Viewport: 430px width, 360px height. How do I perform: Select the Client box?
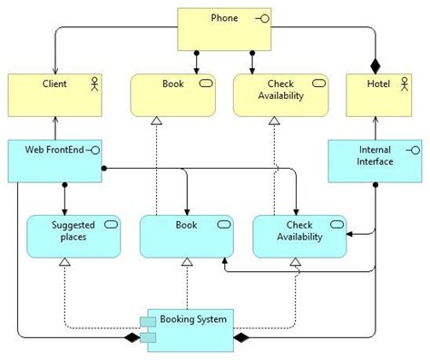(x=54, y=95)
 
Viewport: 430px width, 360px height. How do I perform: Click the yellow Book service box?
(x=172, y=95)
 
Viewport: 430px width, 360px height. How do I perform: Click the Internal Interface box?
(x=374, y=160)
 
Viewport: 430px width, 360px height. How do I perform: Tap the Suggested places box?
(x=73, y=236)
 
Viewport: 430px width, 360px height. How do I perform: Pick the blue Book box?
(x=186, y=236)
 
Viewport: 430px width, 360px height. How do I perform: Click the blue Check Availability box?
(x=298, y=236)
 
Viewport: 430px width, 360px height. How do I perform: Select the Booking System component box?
(x=190, y=328)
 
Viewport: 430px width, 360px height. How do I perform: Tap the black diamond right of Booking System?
(x=241, y=338)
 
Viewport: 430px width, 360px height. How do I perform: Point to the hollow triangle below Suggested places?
(x=64, y=263)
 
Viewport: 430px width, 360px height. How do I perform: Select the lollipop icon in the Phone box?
(x=263, y=18)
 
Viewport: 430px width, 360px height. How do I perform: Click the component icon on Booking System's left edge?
(x=147, y=329)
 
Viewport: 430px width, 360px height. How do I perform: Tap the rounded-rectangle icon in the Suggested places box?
(x=111, y=223)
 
